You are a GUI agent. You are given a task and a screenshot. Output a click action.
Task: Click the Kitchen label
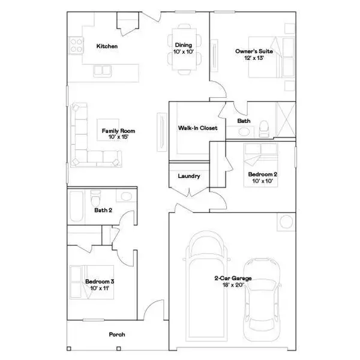click(107, 46)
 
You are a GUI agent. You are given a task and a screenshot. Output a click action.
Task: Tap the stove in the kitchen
click(77, 44)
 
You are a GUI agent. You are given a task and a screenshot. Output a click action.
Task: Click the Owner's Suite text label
click(250, 52)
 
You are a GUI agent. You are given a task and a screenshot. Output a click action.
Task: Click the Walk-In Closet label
click(193, 128)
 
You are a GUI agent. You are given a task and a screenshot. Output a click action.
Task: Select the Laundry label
click(189, 176)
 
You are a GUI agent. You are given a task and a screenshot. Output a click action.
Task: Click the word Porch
click(117, 334)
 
